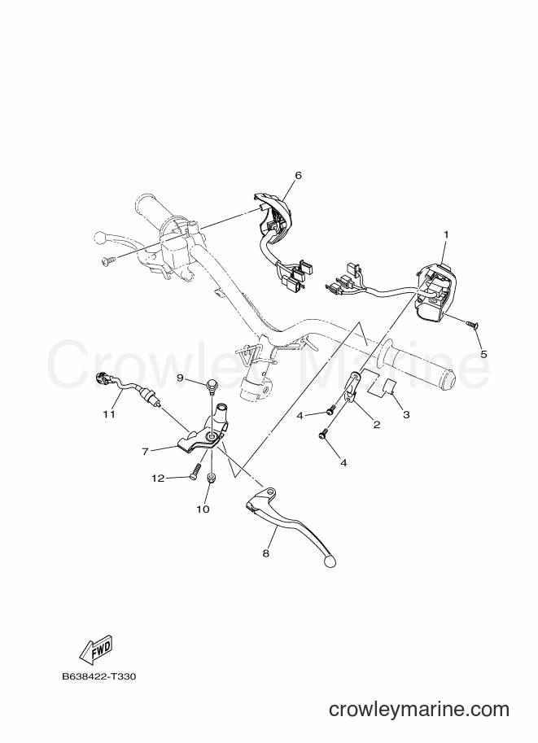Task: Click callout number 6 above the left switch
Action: click(298, 175)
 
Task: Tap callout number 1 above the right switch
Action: click(445, 234)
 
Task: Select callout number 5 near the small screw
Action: click(483, 354)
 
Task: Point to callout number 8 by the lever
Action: click(265, 553)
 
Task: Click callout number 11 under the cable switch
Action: click(110, 414)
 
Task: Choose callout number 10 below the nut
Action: click(203, 509)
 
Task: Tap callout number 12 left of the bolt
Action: click(158, 479)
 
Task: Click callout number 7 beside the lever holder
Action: click(146, 452)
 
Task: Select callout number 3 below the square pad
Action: click(406, 414)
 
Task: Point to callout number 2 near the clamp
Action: click(377, 425)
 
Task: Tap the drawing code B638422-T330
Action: click(99, 676)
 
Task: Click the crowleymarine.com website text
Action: click(419, 710)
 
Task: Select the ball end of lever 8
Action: click(330, 562)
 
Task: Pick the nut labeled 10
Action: click(212, 477)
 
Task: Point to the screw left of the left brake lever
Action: click(108, 260)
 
